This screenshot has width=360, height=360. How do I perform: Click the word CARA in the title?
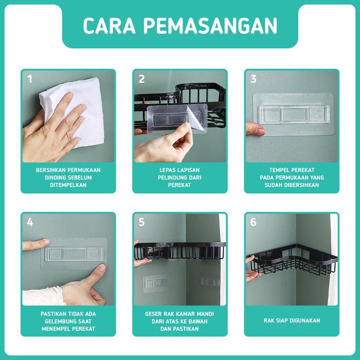(x=109, y=26)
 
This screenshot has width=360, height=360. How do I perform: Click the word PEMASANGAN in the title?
(x=210, y=26)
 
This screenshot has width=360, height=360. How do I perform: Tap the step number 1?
(x=30, y=79)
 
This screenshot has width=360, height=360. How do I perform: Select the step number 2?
(x=141, y=79)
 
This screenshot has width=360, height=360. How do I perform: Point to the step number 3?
(x=253, y=79)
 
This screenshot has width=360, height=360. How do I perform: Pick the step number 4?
(x=30, y=222)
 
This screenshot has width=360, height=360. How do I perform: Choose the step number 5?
(x=141, y=222)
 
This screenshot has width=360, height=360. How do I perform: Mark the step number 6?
(x=253, y=222)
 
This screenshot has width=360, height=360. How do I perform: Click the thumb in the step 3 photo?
(x=255, y=129)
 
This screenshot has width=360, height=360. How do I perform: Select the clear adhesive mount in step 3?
(x=293, y=115)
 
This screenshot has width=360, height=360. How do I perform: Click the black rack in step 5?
(x=180, y=251)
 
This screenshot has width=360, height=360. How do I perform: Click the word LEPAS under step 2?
(x=167, y=170)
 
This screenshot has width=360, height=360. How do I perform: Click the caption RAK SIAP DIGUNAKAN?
(x=292, y=320)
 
